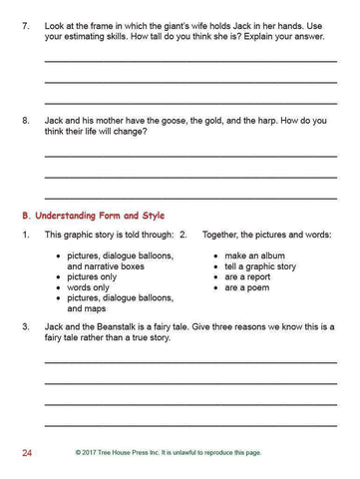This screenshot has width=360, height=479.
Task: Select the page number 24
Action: (28, 454)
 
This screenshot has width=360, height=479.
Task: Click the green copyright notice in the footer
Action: (182, 454)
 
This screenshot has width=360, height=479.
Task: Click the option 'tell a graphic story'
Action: (260, 266)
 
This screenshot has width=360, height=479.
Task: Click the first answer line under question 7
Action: (190, 61)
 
